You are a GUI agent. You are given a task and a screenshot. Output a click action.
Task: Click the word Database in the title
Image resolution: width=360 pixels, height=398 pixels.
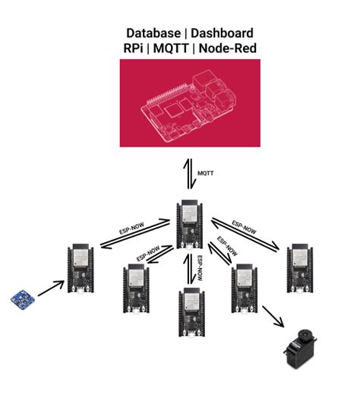coord(153,33)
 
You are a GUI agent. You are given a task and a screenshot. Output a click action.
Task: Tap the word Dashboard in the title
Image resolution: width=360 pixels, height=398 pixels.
coord(222,33)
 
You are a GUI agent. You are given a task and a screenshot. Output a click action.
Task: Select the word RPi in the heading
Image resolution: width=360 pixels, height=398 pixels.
coord(133,48)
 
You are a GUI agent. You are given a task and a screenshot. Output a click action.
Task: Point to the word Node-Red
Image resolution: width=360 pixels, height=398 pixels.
coord(228,48)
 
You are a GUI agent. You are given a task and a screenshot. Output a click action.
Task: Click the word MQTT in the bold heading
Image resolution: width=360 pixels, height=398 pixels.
coord(171,48)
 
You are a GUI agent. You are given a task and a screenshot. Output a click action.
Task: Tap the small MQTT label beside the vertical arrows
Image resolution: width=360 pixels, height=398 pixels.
coord(205,173)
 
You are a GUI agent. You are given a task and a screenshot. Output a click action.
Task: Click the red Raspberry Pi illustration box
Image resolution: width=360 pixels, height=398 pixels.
coord(190,103)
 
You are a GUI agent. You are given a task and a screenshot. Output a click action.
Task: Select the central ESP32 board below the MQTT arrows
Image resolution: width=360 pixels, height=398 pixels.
coord(190,224)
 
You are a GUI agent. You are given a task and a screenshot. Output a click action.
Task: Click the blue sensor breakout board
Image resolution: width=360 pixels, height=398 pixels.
coord(23,300)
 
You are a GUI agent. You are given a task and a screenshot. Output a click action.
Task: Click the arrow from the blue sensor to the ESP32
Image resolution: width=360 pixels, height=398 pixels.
coord(51,289)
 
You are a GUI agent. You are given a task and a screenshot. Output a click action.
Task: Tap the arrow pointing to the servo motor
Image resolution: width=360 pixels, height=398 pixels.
coord(273,316)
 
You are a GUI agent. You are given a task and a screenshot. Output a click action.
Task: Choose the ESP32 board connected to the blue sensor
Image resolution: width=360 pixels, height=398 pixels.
coord(81,269)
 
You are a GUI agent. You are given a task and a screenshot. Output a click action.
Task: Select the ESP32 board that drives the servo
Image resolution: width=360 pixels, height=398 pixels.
coord(245,289)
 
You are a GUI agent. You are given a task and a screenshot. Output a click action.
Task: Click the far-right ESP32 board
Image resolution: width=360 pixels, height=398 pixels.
coord(300,269)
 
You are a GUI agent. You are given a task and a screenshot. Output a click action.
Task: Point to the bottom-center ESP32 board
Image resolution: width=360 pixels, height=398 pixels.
coord(191,312)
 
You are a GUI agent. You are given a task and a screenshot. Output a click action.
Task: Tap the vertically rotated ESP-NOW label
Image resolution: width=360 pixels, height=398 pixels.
coord(200,268)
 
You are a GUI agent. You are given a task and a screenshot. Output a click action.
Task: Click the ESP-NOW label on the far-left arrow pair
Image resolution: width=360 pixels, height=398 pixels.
coord(131,228)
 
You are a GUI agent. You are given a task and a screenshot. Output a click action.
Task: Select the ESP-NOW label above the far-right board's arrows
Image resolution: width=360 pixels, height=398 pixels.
coord(244,227)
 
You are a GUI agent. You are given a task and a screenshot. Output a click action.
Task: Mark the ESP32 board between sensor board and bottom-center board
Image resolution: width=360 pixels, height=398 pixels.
coord(136,289)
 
